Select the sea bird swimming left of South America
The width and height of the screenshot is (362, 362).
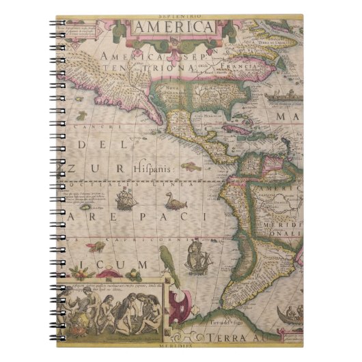[176, 201]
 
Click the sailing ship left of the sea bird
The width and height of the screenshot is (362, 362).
[126, 200]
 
